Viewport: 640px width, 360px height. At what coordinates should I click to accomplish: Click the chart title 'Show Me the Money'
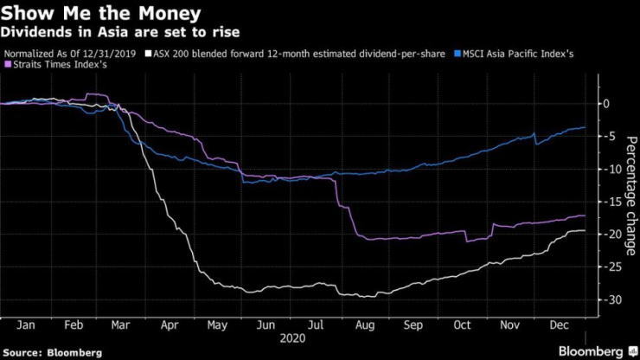point(102,14)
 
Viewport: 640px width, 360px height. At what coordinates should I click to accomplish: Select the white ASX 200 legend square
point(148,54)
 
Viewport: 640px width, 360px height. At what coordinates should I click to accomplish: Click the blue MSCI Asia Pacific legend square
point(457,54)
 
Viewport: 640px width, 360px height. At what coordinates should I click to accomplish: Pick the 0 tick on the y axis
point(607,103)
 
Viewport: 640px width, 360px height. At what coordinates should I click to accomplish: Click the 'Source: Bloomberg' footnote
point(52,352)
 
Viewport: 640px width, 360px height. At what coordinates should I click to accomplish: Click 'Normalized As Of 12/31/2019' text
point(71,54)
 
